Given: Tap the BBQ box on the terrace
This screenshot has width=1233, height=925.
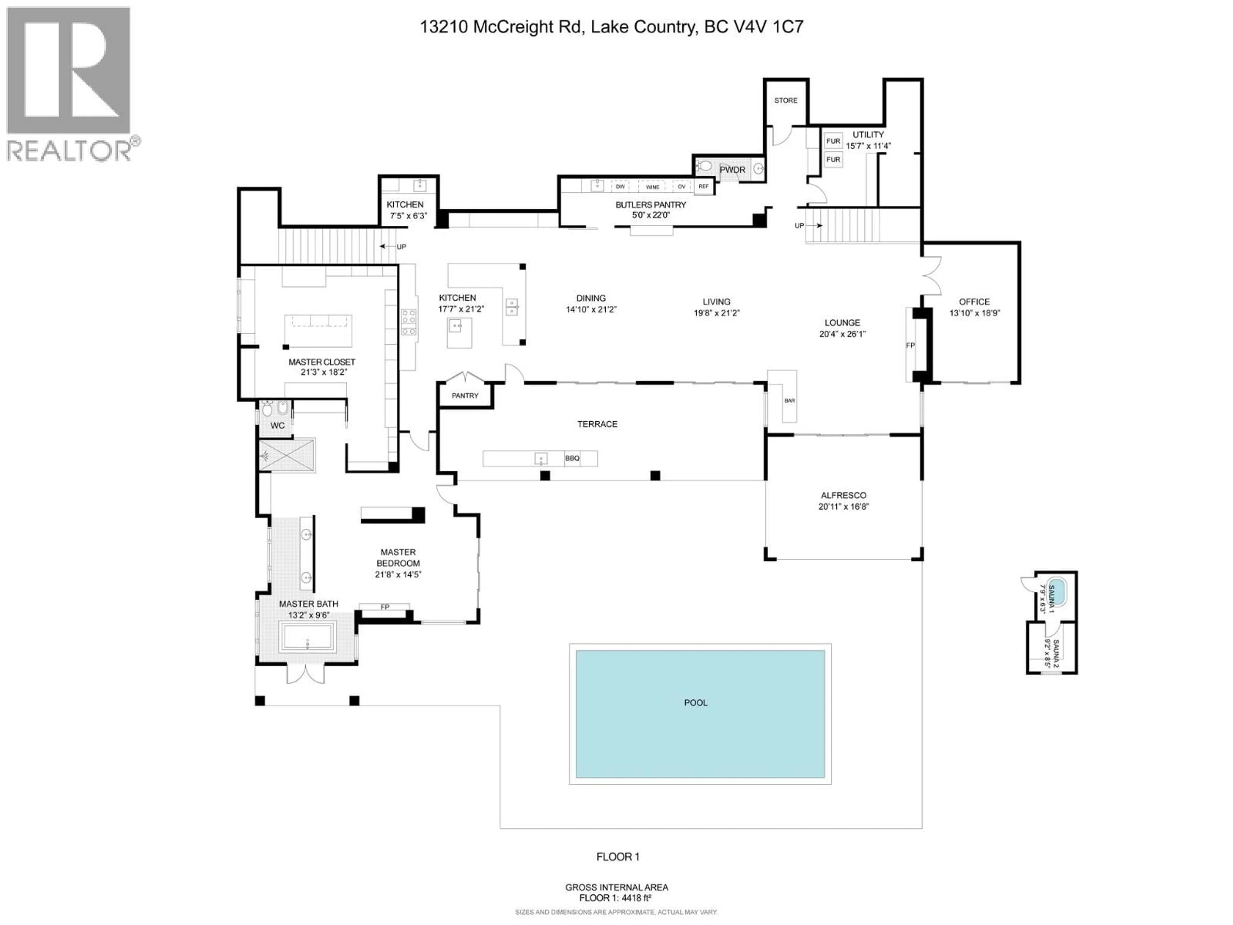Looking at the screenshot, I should tap(573, 458).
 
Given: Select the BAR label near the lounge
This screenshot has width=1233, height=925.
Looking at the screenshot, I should tap(789, 400).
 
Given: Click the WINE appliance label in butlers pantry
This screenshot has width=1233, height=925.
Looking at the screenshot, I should tap(652, 187).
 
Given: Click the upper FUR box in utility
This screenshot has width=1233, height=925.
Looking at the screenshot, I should tap(833, 141).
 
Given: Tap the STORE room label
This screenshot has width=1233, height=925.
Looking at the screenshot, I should tap(785, 100).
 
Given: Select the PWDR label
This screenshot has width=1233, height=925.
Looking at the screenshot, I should tap(732, 170).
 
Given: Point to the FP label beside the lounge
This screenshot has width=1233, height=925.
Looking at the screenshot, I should tap(910, 345).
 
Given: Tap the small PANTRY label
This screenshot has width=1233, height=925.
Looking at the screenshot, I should tap(465, 395).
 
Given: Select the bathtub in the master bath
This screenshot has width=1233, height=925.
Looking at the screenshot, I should tap(307, 637).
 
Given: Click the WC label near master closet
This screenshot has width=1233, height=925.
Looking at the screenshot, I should tap(278, 426).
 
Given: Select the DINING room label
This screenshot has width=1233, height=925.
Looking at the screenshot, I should tap(591, 298).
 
